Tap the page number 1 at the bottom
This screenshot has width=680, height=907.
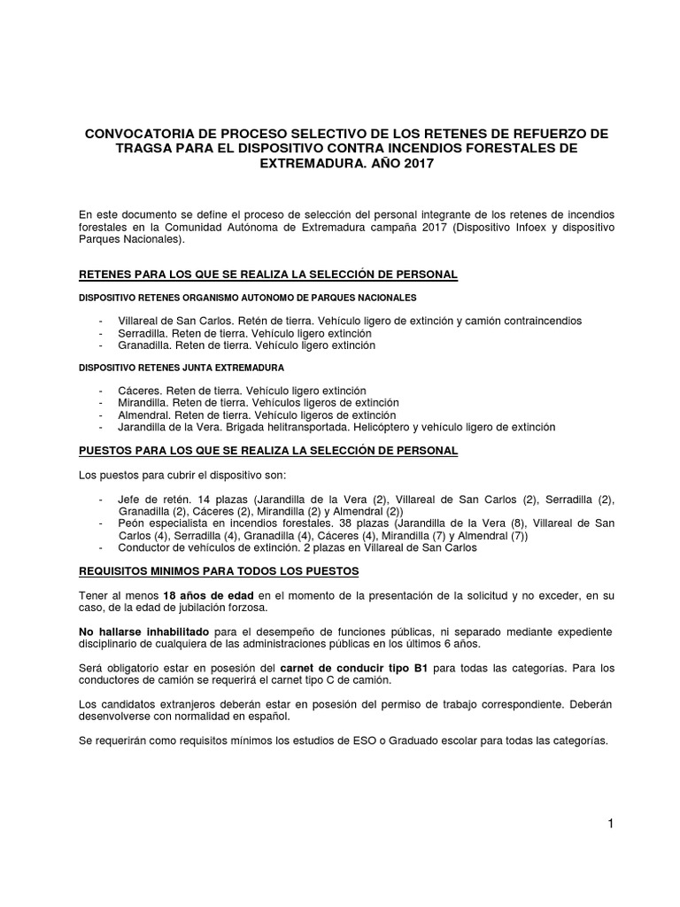tap(610, 824)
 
